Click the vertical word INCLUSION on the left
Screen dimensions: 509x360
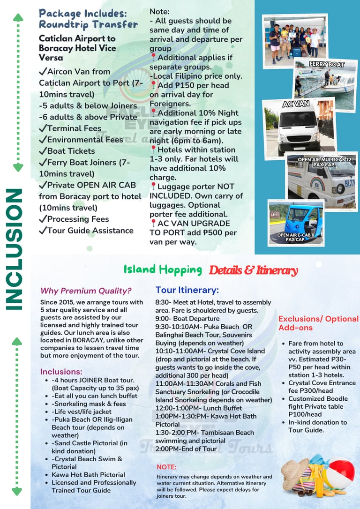tap(15, 249)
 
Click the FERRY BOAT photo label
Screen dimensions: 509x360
tap(326, 64)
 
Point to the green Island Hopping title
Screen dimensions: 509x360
tap(163, 270)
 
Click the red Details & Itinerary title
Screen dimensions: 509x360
tap(253, 270)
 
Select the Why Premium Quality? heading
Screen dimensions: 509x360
tap(86, 291)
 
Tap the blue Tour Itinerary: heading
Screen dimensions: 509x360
tap(187, 290)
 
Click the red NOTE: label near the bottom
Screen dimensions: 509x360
tap(166, 467)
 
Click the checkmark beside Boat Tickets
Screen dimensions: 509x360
tap(43, 151)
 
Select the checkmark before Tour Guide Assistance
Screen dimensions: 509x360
tap(43, 231)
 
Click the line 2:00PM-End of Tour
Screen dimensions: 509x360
tap(186, 449)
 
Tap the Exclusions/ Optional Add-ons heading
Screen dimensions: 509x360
tap(318, 323)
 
